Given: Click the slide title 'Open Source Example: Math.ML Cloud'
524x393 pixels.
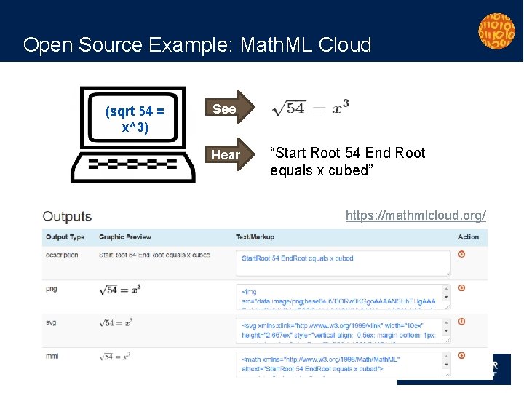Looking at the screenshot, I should pos(197,45).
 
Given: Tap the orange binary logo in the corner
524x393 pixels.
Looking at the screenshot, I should pos(496,31).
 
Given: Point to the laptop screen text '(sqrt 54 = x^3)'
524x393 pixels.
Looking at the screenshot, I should pos(135,119).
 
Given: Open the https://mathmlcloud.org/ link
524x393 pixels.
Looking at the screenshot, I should pos(416,215).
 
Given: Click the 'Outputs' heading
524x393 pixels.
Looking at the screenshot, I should pos(67,216).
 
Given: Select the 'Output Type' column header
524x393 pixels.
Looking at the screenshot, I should pos(65,237).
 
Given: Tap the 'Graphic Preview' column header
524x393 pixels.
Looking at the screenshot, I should pos(124,237).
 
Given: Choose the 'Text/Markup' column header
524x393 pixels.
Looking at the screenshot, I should pos(254,237).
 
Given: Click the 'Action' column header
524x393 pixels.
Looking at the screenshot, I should pos(469,237).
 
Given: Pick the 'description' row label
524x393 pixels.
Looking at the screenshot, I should pos(62,255).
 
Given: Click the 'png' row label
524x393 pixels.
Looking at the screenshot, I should pos(51,289).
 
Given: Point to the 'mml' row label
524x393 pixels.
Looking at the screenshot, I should pos(51,356).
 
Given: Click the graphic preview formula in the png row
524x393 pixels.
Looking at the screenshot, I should pos(119,290).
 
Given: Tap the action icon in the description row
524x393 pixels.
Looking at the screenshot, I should pos(462,254).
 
